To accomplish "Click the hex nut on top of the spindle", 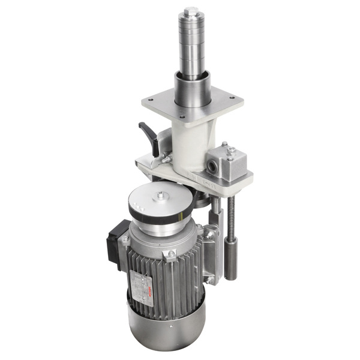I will tap(191, 11).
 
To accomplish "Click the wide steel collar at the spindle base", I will tap(191, 89).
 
